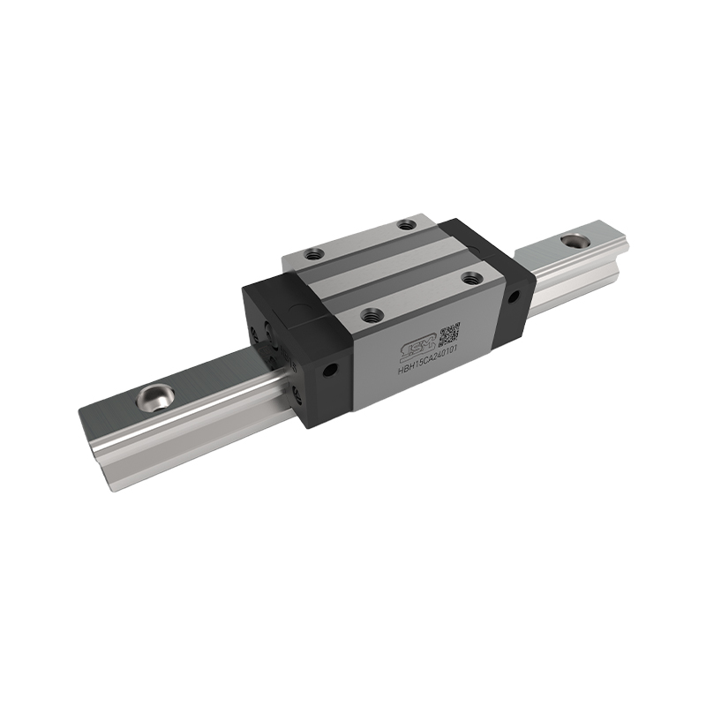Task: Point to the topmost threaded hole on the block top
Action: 405,225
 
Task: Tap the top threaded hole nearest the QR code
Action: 471,277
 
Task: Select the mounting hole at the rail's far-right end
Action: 574,239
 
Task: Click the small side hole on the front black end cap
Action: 331,371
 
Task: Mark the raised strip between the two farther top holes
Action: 357,240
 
